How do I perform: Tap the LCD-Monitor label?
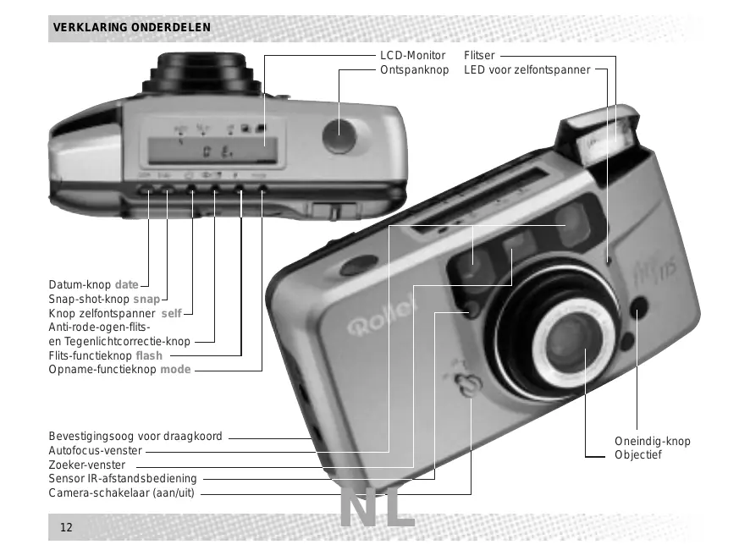412,56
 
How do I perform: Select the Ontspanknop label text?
414,69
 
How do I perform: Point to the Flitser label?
479,56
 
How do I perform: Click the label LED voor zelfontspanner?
527,69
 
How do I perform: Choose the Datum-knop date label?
93,284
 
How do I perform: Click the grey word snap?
146,300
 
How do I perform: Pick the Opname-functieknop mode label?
119,370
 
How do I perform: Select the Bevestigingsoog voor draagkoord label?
135,437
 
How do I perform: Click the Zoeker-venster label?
87,465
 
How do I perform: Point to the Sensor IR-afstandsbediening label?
123,480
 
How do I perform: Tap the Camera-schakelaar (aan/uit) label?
122,493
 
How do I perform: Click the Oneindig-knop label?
652,442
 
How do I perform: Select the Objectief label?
638,455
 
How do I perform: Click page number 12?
65,528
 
